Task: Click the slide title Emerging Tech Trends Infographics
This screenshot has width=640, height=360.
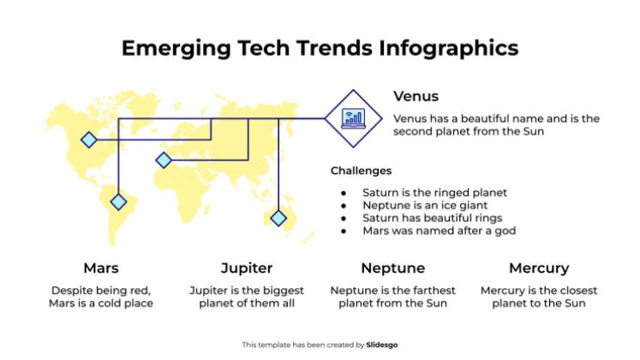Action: click(x=320, y=48)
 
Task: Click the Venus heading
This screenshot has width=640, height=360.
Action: click(x=416, y=96)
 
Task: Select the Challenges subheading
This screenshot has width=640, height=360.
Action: click(x=361, y=171)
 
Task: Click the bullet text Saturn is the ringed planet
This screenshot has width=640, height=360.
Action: click(x=434, y=193)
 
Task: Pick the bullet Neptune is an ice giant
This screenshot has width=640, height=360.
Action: click(x=425, y=206)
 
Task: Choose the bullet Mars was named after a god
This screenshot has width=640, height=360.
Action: click(x=439, y=231)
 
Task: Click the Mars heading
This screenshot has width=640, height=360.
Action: click(x=101, y=268)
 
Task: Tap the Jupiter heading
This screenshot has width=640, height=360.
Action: click(x=247, y=268)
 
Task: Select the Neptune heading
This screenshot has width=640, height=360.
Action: click(x=392, y=268)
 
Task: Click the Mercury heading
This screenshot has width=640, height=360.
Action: click(x=539, y=268)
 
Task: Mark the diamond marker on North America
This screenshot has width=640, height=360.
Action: click(x=88, y=140)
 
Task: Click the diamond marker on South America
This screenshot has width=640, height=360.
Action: click(x=119, y=201)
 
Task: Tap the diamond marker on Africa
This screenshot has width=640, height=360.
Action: click(x=163, y=159)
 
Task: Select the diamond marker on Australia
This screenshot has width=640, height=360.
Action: click(x=278, y=218)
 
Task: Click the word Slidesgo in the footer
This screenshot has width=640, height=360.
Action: click(x=381, y=345)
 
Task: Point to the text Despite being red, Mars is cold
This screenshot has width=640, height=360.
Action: click(x=101, y=297)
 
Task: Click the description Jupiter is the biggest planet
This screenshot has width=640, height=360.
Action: click(x=247, y=297)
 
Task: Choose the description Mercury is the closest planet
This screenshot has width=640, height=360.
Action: click(x=539, y=297)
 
